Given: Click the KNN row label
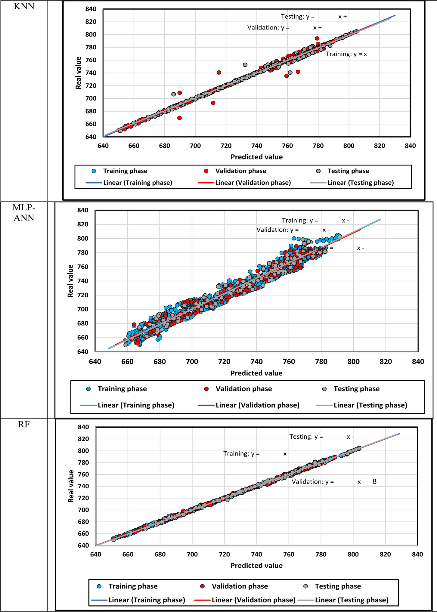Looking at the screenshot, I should point(24,6).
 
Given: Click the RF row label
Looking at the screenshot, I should point(24,425).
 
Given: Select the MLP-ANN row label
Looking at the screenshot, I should point(24,212).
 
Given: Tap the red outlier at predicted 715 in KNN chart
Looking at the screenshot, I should point(219,73).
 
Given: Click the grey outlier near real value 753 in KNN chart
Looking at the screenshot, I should point(245,65).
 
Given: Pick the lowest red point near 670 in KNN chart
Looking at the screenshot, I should point(179,118).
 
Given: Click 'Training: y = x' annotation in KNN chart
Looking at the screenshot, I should point(346,54).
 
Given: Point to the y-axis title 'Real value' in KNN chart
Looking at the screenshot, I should point(78,73).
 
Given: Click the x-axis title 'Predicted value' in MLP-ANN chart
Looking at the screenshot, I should point(256,373).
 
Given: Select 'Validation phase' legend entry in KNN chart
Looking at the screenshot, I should point(240,171).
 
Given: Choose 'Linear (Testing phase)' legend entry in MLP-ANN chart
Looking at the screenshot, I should point(370,405).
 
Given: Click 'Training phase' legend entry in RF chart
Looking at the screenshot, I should point(133,586).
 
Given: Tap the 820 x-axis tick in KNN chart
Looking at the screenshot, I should point(379,146).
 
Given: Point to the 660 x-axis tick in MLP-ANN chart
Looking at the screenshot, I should point(127,361).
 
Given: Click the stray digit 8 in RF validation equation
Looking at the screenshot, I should point(374,482).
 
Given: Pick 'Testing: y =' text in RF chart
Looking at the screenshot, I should point(306,437).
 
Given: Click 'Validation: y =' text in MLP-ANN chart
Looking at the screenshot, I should point(277,230).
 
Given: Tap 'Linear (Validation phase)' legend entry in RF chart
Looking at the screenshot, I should point(253,600).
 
